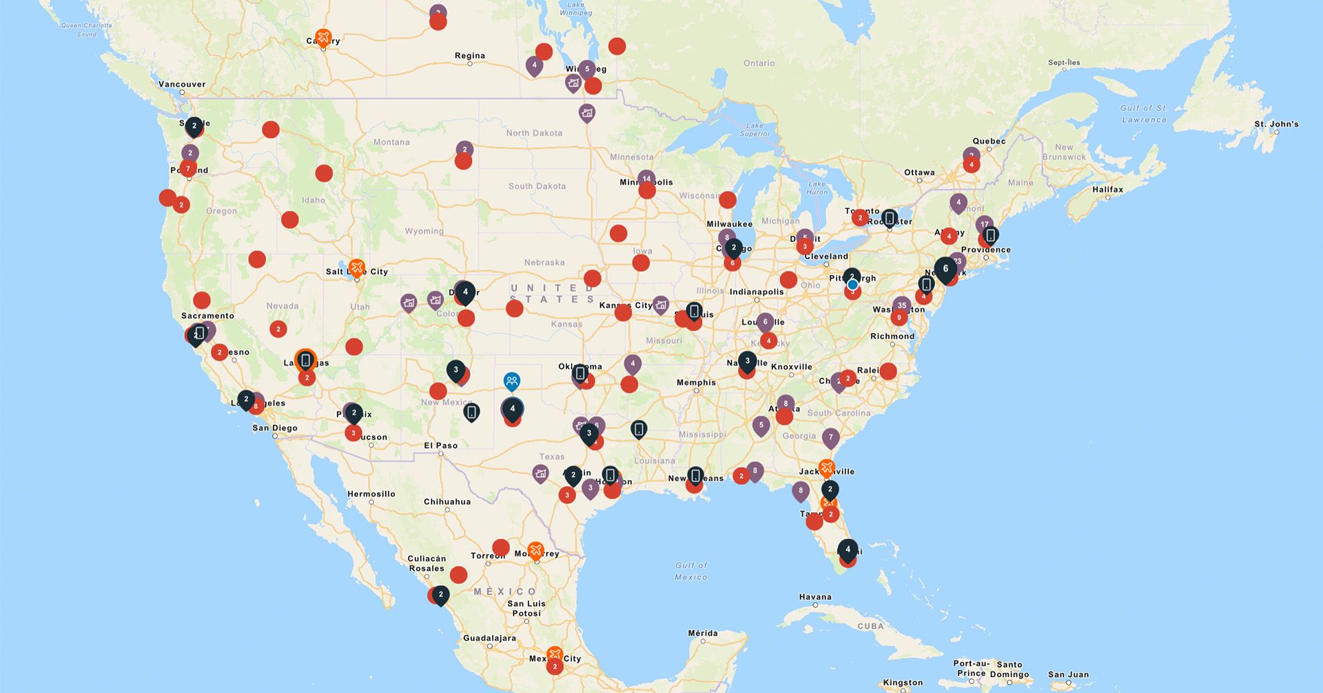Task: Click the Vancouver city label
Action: coord(182,84)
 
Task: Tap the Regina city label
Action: coord(470,56)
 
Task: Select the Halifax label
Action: coord(1107,190)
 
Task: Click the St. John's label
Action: coord(1276,124)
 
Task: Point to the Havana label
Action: coord(815,597)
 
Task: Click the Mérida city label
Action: coord(703,633)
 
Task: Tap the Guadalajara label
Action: coord(489,638)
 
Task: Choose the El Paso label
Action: coord(441,445)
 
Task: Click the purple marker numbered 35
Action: coord(901,305)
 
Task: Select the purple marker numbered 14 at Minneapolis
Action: coord(646,179)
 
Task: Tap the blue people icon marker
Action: coord(511,380)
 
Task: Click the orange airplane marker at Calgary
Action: coord(323,37)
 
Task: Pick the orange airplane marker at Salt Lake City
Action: coord(356,266)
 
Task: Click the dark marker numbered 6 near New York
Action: coord(945,268)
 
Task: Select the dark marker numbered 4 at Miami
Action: coord(848,550)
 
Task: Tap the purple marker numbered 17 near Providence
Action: coord(984,224)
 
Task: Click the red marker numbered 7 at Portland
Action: coord(188,168)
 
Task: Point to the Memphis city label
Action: coord(696,383)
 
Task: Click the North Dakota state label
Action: coord(534,133)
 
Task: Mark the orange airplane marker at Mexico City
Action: coord(555,654)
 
